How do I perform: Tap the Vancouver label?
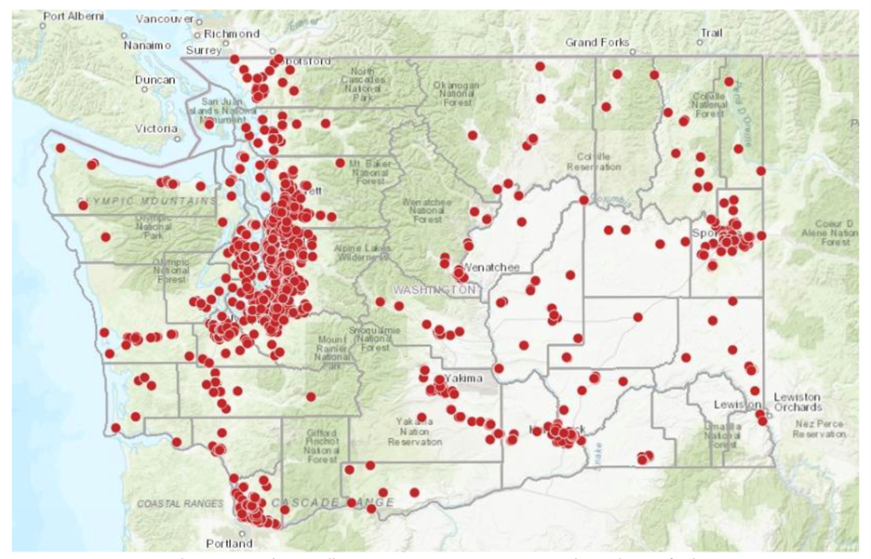pyautogui.click(x=163, y=19)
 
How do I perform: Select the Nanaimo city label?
pyautogui.click(x=147, y=45)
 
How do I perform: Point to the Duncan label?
pyautogui.click(x=154, y=81)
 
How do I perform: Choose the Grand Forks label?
pyautogui.click(x=597, y=43)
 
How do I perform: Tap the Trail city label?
pyautogui.click(x=711, y=33)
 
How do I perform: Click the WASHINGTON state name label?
pyautogui.click(x=434, y=290)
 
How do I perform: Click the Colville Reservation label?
pyautogui.click(x=596, y=162)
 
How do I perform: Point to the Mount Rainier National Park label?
pyautogui.click(x=331, y=349)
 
